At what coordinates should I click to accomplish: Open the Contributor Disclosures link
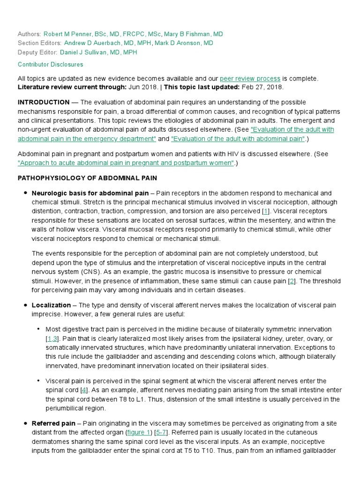(x=50, y=65)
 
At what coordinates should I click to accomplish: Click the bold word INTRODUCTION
(x=44, y=102)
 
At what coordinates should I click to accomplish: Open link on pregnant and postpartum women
(x=126, y=163)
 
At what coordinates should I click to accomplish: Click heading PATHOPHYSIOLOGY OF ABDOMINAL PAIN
(x=87, y=178)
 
